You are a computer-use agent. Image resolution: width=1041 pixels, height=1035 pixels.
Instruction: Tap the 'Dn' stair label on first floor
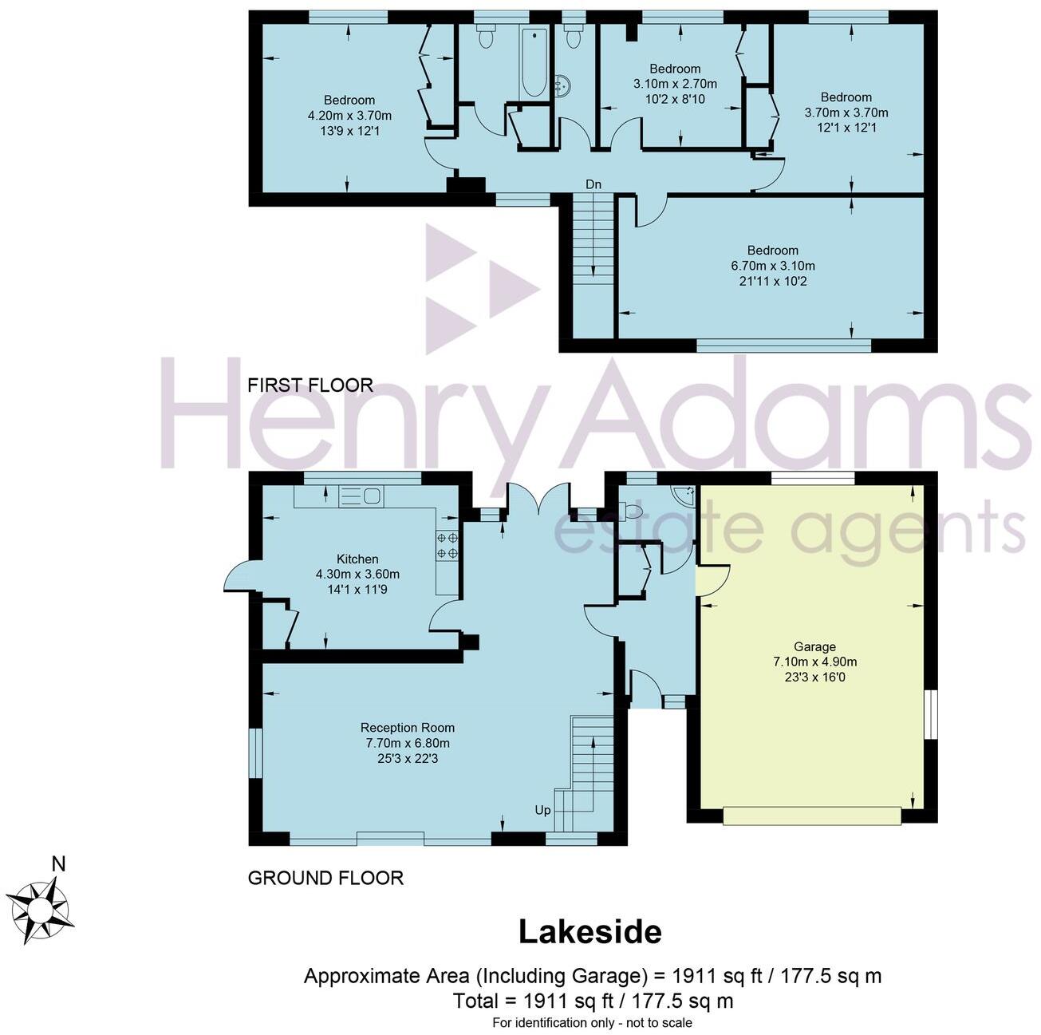click(x=593, y=184)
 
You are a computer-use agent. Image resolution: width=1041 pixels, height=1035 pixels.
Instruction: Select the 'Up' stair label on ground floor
click(x=542, y=810)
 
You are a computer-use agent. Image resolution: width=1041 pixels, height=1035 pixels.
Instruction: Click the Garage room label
click(x=814, y=646)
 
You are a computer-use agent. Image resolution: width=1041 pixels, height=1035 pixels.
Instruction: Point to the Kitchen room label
click(x=357, y=559)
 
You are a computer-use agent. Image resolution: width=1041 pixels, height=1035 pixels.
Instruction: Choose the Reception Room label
click(x=407, y=727)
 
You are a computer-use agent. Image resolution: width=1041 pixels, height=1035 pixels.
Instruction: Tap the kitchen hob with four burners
click(x=447, y=545)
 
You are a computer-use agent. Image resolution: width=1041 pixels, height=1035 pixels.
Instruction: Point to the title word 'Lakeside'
click(x=590, y=932)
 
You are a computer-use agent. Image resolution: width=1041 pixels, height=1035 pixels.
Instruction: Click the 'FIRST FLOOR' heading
click(x=310, y=385)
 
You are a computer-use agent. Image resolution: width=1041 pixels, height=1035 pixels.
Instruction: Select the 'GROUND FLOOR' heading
click(x=325, y=878)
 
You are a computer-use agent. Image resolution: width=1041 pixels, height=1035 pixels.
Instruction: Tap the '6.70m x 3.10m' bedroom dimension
click(x=773, y=266)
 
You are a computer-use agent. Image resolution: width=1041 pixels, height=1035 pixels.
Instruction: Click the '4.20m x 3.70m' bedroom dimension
click(x=349, y=116)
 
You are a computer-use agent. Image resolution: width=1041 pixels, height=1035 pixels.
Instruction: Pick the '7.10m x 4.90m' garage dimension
click(x=814, y=662)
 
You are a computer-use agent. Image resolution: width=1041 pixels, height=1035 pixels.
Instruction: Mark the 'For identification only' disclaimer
click(x=592, y=1022)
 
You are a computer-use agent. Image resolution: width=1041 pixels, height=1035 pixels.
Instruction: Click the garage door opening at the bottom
click(x=812, y=816)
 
